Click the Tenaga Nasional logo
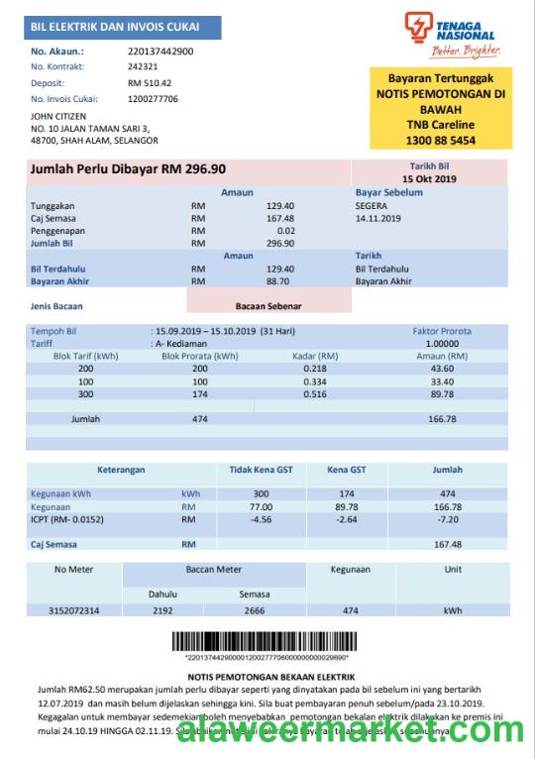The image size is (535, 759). [452, 34]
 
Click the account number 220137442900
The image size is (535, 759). [160, 51]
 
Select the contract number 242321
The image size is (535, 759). [143, 66]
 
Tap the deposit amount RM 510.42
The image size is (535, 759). [150, 83]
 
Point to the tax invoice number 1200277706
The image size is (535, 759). [153, 99]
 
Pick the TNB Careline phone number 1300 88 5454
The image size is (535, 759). [433, 140]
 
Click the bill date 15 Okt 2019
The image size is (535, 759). [430, 178]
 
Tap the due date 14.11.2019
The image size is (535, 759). [377, 218]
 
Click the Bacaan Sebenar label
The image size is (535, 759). [268, 306]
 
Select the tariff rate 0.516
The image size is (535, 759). [314, 394]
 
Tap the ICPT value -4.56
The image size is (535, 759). [261, 519]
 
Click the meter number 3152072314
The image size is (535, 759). [73, 610]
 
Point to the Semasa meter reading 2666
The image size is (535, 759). [254, 610]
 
